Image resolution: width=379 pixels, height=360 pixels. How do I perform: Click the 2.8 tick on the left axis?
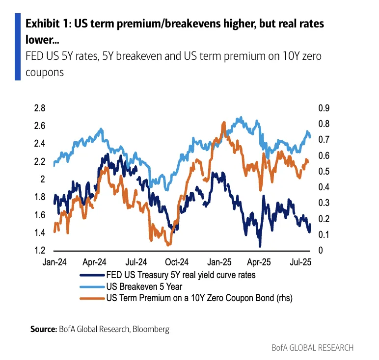point(39,108)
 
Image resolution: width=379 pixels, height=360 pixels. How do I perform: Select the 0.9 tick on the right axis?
point(324,108)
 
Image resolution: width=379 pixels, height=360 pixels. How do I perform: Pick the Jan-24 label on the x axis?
point(54,262)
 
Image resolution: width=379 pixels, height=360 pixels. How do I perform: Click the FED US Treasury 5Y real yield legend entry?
point(180,275)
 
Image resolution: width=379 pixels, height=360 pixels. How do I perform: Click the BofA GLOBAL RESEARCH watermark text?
point(312,348)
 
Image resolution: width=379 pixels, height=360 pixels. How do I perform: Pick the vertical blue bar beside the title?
point(18,47)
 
